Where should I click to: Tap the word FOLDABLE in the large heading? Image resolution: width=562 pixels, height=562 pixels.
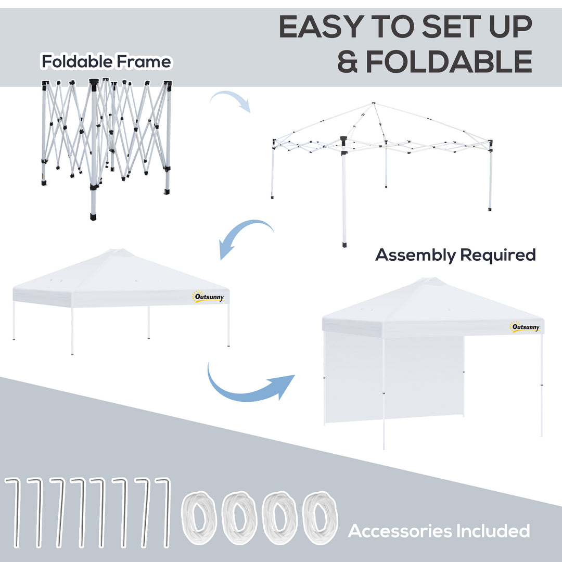point(449,62)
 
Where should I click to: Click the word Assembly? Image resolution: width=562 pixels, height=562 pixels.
point(415,255)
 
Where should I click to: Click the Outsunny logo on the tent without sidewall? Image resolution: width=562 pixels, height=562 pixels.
point(208,297)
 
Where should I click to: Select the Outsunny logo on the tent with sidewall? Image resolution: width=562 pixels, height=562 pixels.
point(525,327)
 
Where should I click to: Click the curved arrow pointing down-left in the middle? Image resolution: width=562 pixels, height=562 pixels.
point(245,237)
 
